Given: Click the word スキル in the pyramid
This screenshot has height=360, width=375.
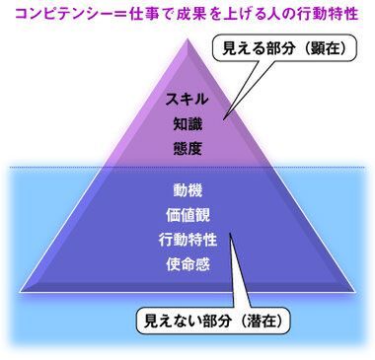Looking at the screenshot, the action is [185, 101].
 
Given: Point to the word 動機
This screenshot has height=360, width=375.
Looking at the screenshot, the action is [185, 188].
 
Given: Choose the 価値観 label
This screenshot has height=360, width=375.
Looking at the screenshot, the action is [185, 213].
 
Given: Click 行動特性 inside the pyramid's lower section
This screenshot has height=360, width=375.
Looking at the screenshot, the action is [185, 239].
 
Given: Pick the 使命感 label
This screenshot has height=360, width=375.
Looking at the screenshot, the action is [185, 263].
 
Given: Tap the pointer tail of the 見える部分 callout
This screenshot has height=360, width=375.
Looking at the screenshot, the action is [229, 116].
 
